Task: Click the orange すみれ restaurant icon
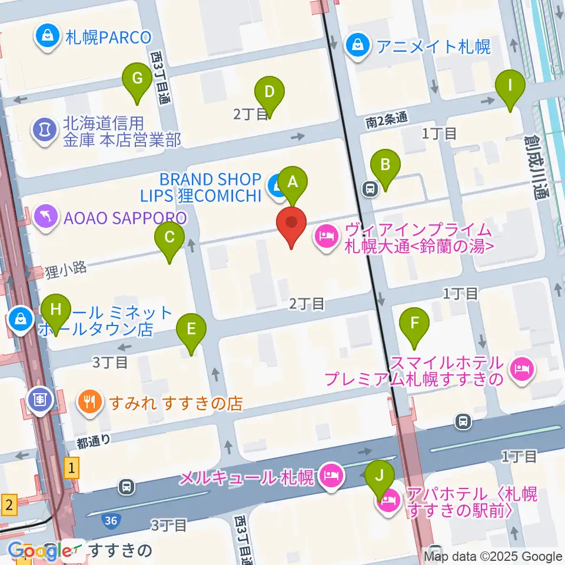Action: point(89,403)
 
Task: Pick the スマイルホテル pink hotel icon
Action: point(521,370)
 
